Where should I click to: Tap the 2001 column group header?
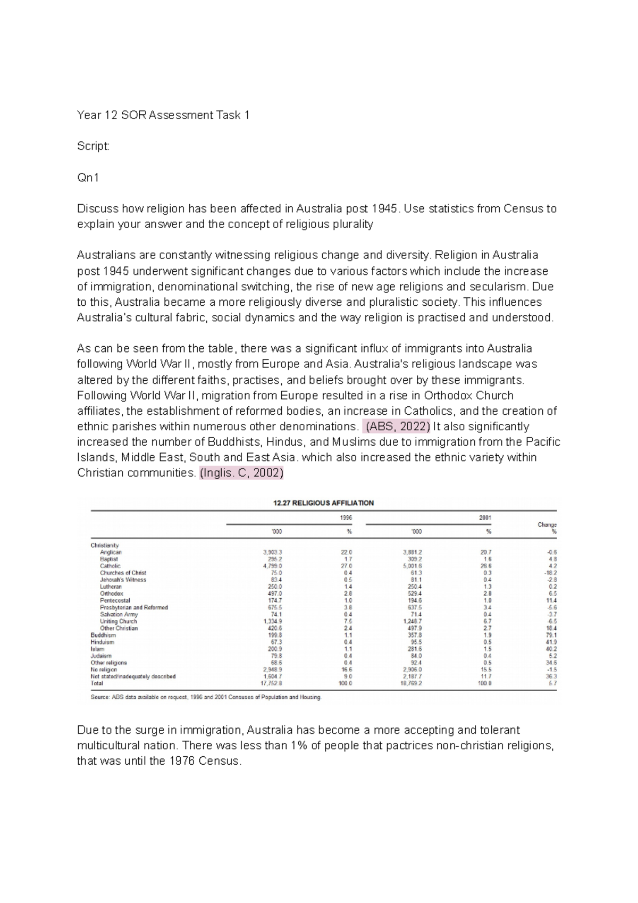tap(485, 517)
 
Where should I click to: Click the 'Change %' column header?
tap(547, 528)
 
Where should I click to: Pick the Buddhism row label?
tap(103, 635)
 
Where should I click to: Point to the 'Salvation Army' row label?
tap(119, 614)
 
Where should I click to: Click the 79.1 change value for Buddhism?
tap(551, 635)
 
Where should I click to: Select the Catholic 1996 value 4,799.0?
tap(272, 566)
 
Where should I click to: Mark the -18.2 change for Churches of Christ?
tap(550, 573)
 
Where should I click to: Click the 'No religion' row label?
tap(104, 670)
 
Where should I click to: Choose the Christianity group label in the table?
tap(105, 545)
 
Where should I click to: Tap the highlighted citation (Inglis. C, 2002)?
tap(242, 473)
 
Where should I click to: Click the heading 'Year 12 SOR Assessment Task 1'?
tap(163, 115)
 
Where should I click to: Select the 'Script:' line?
tap(93, 146)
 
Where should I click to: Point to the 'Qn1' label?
tap(88, 178)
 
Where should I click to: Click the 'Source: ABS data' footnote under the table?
tap(206, 697)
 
